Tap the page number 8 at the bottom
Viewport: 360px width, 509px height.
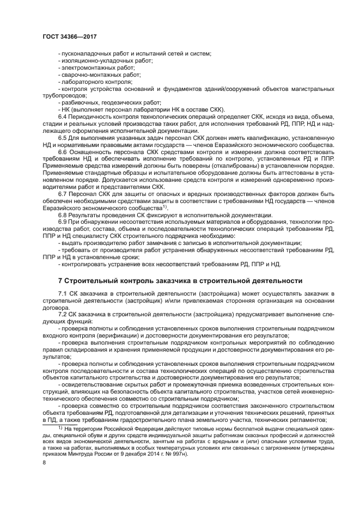point(45,477)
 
